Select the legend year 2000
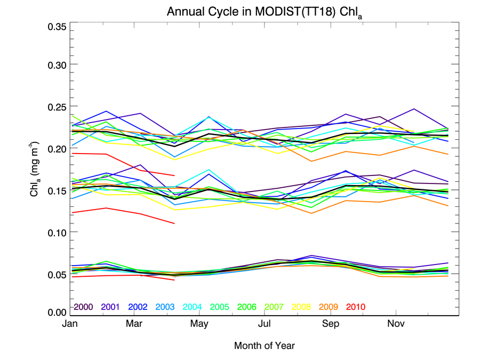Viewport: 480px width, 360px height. click(84, 307)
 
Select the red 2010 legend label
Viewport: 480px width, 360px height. click(355, 307)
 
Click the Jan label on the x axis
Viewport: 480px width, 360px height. click(69, 324)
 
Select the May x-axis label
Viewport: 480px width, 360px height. click(199, 324)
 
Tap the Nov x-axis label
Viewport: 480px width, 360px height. click(395, 324)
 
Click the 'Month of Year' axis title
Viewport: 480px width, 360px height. click(264, 346)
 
